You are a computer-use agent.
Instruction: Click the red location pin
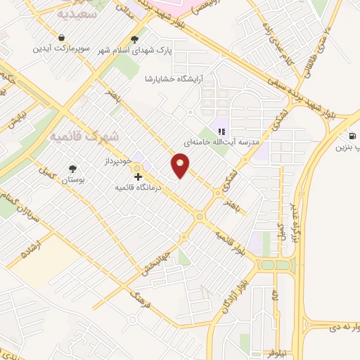[181, 166]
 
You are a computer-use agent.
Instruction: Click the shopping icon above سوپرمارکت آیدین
[63, 38]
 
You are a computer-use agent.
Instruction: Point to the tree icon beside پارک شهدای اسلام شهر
[135, 39]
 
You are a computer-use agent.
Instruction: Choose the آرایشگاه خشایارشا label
[179, 79]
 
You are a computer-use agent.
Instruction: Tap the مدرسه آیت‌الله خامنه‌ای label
[222, 142]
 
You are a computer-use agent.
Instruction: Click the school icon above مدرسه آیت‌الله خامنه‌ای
[221, 131]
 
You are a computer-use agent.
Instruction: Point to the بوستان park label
[72, 180]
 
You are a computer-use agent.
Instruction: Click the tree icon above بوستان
[72, 169]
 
